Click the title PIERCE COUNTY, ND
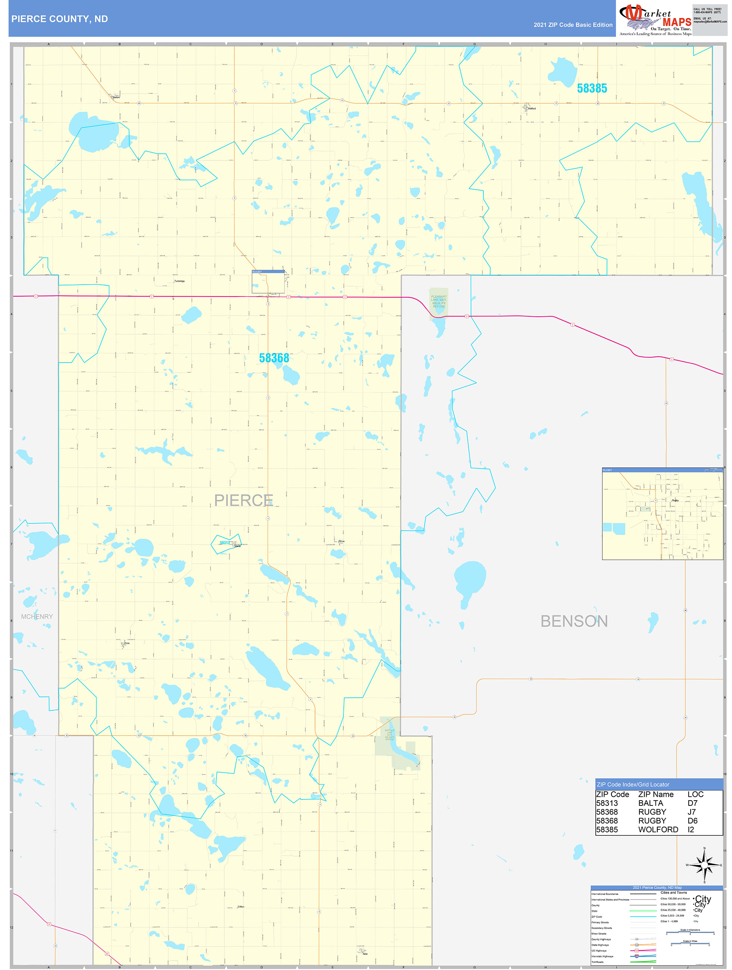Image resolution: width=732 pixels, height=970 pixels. click(60, 19)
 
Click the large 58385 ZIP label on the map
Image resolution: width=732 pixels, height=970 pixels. click(592, 88)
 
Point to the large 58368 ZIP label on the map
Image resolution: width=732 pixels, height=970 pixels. click(274, 358)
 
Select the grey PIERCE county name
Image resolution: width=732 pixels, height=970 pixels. click(243, 500)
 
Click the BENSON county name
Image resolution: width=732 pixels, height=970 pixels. click(574, 622)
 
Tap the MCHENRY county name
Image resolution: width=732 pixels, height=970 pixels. click(37, 617)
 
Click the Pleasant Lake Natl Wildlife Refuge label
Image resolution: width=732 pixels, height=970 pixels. click(439, 301)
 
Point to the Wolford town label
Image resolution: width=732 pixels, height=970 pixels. click(532, 108)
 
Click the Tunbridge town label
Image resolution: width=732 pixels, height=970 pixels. click(180, 281)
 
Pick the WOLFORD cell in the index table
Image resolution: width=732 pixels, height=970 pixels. click(658, 829)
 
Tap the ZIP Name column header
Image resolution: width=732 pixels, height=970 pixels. click(655, 794)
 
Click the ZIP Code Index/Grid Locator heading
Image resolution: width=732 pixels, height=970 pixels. click(633, 785)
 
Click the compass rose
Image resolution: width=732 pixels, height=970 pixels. click(704, 865)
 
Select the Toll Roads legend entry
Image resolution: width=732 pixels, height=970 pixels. click(597, 962)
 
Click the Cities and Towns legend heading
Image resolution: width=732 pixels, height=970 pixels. click(674, 892)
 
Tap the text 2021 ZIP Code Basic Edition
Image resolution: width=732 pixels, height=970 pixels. click(573, 25)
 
